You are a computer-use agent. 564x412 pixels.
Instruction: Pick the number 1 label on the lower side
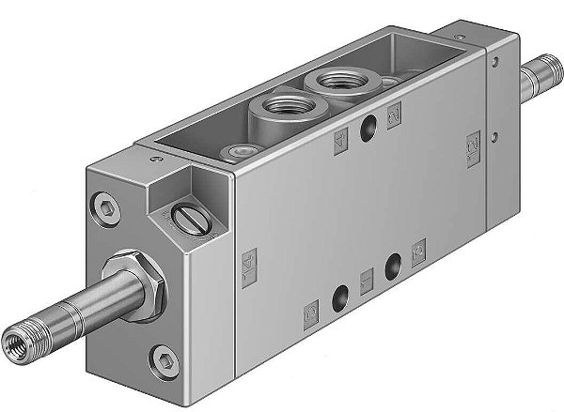tap(367, 278)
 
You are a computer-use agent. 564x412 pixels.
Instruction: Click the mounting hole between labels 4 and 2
tap(368, 127)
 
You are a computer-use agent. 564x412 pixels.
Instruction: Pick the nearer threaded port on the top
tap(277, 107)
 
